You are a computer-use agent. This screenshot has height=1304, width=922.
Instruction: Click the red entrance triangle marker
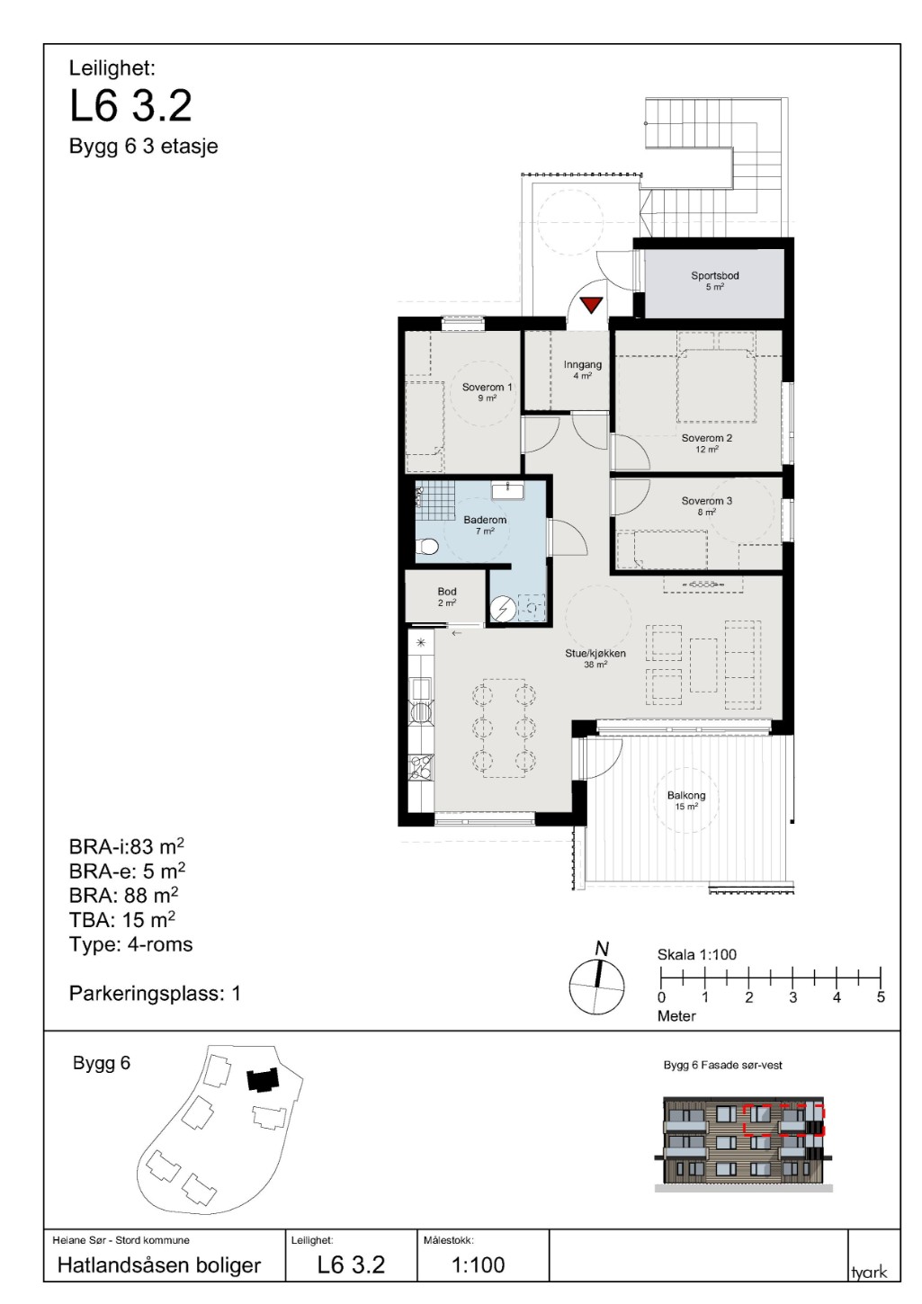[x=591, y=305]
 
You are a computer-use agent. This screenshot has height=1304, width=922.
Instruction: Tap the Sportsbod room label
[x=714, y=275]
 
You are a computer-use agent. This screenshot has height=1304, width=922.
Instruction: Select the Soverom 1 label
[x=487, y=387]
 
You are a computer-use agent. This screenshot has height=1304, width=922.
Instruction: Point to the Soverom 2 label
[x=706, y=438]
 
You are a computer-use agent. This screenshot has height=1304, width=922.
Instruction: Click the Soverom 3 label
[x=706, y=501]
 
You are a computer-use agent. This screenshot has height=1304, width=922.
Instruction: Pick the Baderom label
[x=485, y=520]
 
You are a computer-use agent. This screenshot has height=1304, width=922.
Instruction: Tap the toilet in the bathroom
[x=427, y=547]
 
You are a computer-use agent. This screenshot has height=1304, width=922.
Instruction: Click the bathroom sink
[x=509, y=490]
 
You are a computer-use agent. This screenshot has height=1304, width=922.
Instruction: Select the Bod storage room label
[x=447, y=592]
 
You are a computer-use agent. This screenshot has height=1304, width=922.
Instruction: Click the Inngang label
[x=583, y=365]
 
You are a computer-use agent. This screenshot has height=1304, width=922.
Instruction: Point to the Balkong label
[x=686, y=795]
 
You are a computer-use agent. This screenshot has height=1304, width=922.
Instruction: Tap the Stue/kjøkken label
[x=595, y=653]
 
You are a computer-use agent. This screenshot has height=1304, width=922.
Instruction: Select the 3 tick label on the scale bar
[x=792, y=997]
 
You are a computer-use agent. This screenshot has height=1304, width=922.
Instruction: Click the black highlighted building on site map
[x=263, y=1080]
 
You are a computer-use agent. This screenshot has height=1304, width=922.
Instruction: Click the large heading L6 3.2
[x=130, y=106]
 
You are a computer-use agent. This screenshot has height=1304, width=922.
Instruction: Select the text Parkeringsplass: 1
[x=155, y=993]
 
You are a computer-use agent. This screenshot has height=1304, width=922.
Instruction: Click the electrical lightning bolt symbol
[x=501, y=609]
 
